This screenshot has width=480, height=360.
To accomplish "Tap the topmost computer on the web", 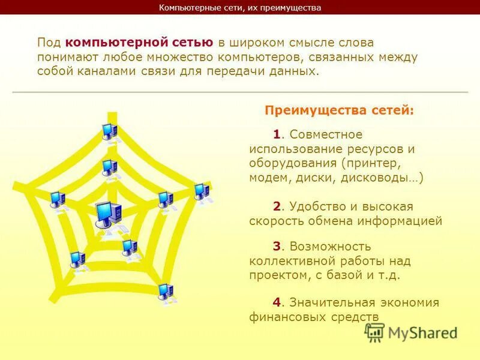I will coord(109,131).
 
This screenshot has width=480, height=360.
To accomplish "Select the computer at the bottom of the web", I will coord(165,292).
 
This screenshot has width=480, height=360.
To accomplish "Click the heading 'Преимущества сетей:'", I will coord(340,110).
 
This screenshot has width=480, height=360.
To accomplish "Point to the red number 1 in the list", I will coord(276,134).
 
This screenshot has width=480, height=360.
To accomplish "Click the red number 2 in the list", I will coord(277,206).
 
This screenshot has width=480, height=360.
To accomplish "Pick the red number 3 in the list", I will coord(277,246).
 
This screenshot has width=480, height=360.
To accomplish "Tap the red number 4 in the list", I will coord(277,302).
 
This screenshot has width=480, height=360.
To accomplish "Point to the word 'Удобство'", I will coord(314,206).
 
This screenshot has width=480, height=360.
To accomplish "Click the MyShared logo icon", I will coord(375,332).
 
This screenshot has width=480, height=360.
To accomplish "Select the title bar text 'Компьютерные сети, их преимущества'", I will coord(240,8).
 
